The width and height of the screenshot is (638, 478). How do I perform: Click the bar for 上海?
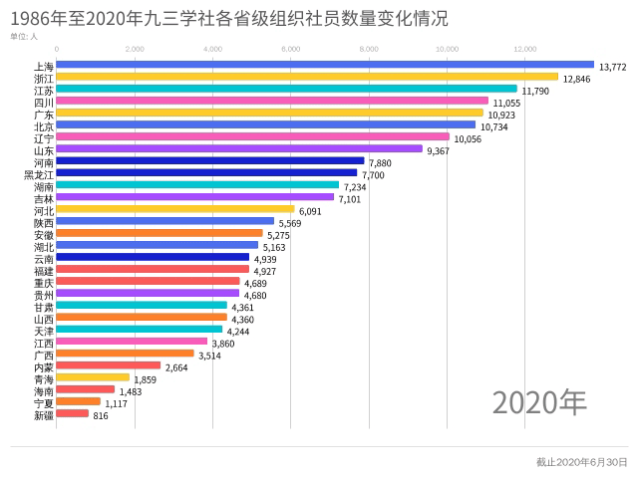(x=325, y=65)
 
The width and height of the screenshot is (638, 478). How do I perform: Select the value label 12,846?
(x=577, y=80)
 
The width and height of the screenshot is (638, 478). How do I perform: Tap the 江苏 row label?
(x=43, y=90)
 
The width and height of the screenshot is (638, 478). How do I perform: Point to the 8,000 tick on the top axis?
(x=368, y=48)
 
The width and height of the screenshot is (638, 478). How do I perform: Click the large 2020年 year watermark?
(x=539, y=401)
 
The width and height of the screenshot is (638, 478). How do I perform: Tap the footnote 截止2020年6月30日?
(x=581, y=462)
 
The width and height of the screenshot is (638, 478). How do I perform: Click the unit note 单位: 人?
(x=24, y=36)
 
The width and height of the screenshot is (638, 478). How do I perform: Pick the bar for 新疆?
(x=73, y=413)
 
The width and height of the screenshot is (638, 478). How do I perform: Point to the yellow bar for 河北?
(x=175, y=209)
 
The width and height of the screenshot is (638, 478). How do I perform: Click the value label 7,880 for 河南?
(x=381, y=163)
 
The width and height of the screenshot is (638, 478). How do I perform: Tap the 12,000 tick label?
(x=524, y=48)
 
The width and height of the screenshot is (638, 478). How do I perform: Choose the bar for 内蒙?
(x=109, y=365)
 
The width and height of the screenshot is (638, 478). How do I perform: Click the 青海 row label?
(x=43, y=377)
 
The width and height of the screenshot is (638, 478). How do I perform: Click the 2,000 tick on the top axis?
(x=134, y=48)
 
